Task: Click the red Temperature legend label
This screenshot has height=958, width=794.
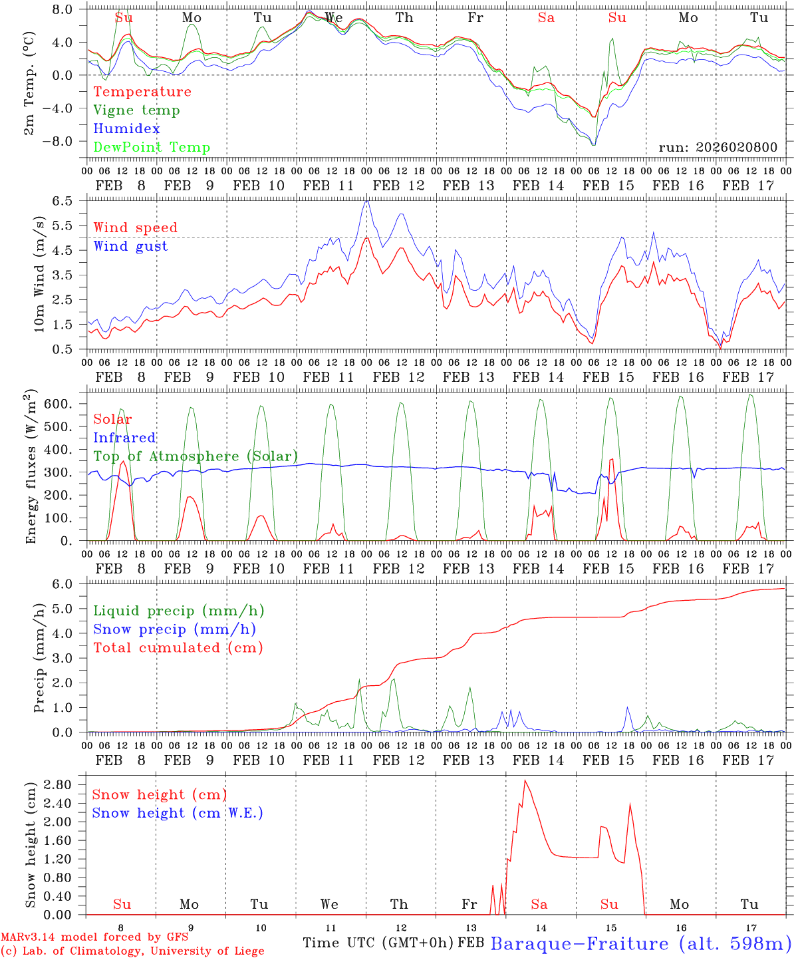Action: [142, 92]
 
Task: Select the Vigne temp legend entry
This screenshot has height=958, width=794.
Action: [136, 110]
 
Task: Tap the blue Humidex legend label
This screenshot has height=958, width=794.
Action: [126, 129]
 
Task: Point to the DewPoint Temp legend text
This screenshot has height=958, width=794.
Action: [152, 148]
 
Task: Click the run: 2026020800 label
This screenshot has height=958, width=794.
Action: [718, 148]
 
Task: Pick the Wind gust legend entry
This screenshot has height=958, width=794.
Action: [130, 246]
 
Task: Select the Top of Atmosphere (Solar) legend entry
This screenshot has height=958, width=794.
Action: [195, 456]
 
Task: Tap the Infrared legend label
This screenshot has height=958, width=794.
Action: [124, 438]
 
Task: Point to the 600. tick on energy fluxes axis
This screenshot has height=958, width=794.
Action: [57, 404]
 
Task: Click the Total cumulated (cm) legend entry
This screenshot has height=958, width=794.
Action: [178, 648]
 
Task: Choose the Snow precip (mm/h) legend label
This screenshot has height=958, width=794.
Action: [174, 629]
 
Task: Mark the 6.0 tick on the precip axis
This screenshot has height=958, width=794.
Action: [67, 584]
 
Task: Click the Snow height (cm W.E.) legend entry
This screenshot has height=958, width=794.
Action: [178, 813]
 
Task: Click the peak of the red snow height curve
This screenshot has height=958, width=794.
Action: [525, 780]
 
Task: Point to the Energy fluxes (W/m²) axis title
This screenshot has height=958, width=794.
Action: [31, 468]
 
